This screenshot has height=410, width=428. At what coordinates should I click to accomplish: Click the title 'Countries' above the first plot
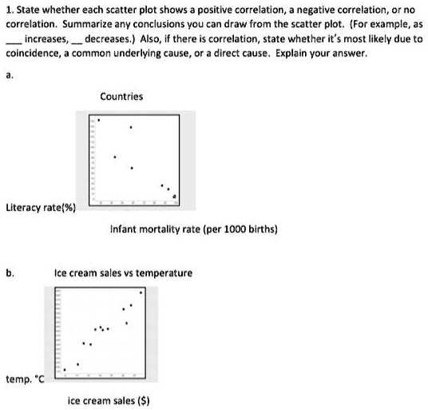coord(121,96)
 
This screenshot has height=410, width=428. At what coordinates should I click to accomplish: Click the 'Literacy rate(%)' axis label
coord(41,208)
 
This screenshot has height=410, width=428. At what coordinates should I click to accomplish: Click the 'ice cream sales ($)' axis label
coord(109,398)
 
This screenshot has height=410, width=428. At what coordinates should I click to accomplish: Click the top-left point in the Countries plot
coord(98,122)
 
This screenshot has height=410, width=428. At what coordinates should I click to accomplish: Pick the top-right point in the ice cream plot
coord(141,293)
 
